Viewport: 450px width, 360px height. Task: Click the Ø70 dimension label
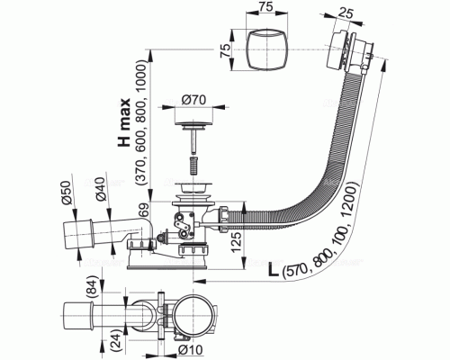[x=193, y=100]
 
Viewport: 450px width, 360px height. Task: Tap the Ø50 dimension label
[x=67, y=193]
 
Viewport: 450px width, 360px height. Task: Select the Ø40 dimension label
[x=100, y=189]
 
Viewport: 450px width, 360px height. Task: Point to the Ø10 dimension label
[x=190, y=349]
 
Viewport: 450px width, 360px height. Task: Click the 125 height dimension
[x=236, y=242]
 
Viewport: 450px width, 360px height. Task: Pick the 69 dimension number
[x=144, y=211]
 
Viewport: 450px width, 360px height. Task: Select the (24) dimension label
[x=116, y=342]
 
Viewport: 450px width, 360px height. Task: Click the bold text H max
[x=124, y=122]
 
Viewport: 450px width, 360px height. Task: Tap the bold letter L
[x=273, y=270]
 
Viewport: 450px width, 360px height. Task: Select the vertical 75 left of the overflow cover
[x=227, y=49]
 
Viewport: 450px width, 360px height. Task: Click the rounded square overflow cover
[x=266, y=49]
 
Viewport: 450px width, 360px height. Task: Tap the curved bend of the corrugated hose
[x=330, y=186]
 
